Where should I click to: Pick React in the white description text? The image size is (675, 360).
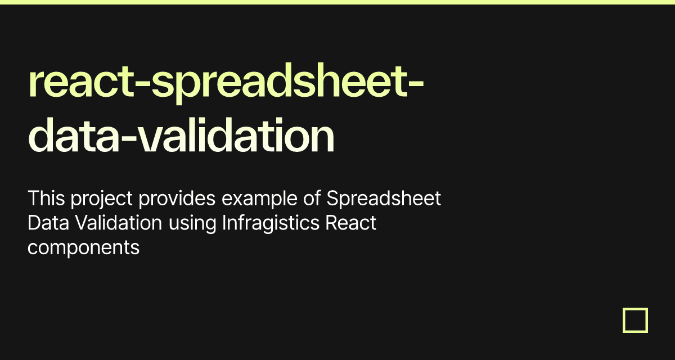coord(352,223)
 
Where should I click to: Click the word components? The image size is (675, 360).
coord(83,248)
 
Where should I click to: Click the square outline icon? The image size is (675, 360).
coord(635,320)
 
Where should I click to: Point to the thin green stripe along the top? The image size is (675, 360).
coord(337,2)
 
